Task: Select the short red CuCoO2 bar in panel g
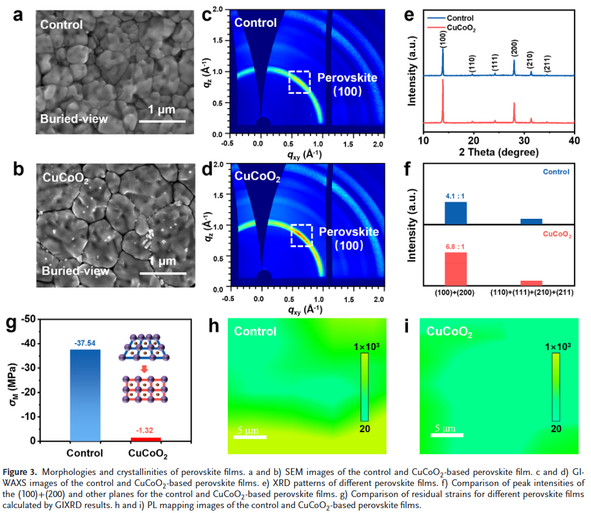tap(147, 439)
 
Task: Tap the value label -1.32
tap(147, 432)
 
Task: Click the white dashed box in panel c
tap(299, 82)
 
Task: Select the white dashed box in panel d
tap(300, 235)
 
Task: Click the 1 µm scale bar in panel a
tap(162, 120)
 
